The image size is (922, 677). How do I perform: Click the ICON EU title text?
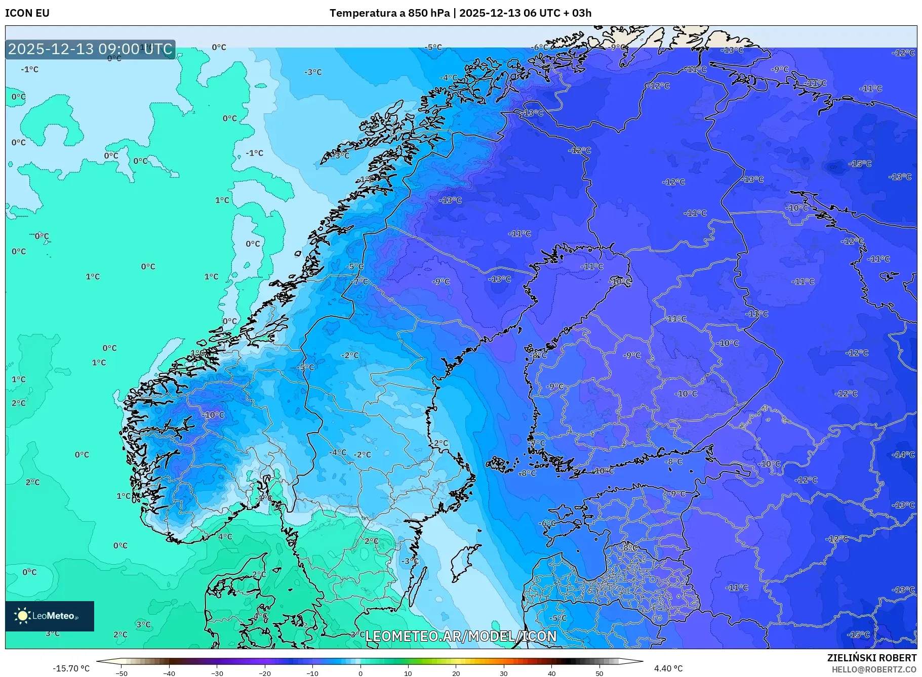(27, 13)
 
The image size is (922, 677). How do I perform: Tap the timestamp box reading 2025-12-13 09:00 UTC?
(90, 49)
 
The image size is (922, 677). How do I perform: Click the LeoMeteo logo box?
(50, 616)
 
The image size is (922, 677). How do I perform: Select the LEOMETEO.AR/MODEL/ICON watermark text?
(461, 636)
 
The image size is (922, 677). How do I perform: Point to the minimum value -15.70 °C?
(71, 668)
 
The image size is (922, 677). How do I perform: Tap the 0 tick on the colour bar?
(360, 673)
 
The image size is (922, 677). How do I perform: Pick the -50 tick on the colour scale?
(122, 673)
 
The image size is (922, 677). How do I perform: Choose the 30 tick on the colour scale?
(504, 673)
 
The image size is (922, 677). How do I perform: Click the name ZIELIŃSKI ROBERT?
(871, 658)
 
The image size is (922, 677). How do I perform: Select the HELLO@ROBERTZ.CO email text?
(874, 669)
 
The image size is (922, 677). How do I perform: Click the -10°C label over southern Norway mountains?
(213, 415)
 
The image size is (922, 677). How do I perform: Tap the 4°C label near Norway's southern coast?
(225, 536)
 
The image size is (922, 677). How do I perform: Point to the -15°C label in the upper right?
(860, 163)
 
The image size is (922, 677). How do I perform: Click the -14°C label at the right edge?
(904, 454)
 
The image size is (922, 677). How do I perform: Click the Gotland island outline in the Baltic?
(463, 562)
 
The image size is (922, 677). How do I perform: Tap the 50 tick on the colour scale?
(599, 673)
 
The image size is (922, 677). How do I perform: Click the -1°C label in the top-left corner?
(29, 69)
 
